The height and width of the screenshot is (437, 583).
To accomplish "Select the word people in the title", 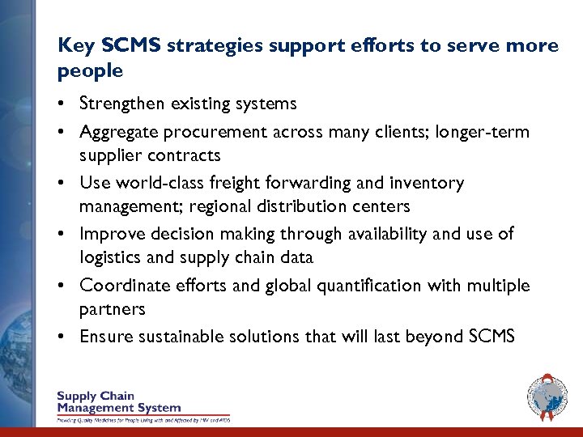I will pyautogui.click(x=90, y=70).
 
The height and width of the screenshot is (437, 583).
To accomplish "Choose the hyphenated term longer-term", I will pyautogui.click(x=483, y=131).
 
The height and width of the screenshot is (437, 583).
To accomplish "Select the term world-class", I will pyautogui.click(x=156, y=184).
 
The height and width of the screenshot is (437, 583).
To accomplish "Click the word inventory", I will pyautogui.click(x=428, y=184).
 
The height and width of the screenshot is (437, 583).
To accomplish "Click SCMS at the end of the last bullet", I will pyautogui.click(x=492, y=337).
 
